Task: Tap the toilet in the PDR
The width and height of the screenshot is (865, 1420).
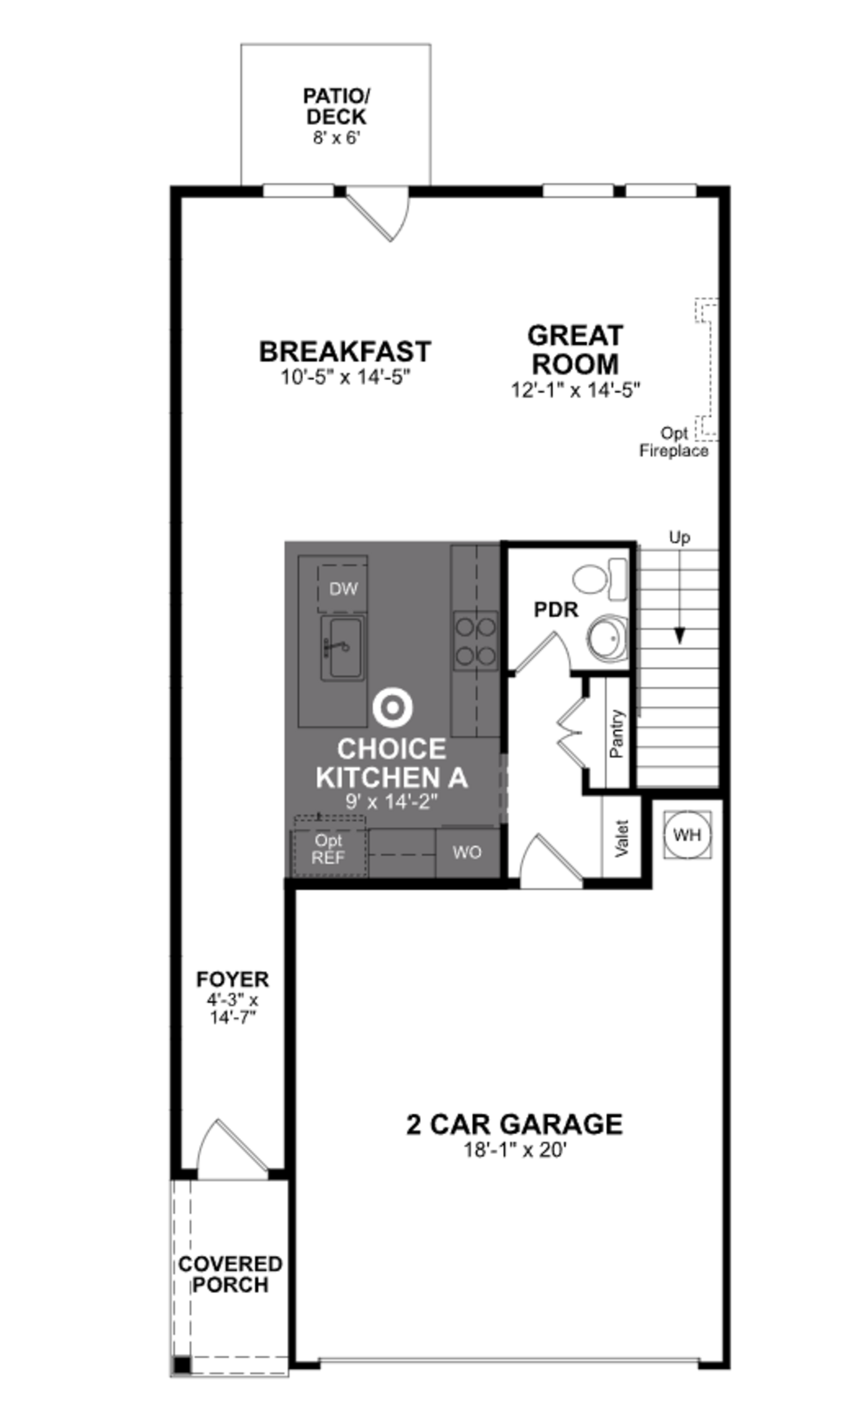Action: (600, 578)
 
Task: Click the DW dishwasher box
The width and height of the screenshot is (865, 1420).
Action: (343, 588)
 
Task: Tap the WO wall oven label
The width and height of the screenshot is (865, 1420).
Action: (467, 852)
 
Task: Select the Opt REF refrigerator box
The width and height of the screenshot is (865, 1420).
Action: (329, 849)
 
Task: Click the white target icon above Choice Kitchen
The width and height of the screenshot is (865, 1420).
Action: (392, 708)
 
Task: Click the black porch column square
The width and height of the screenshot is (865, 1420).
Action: (182, 1365)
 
